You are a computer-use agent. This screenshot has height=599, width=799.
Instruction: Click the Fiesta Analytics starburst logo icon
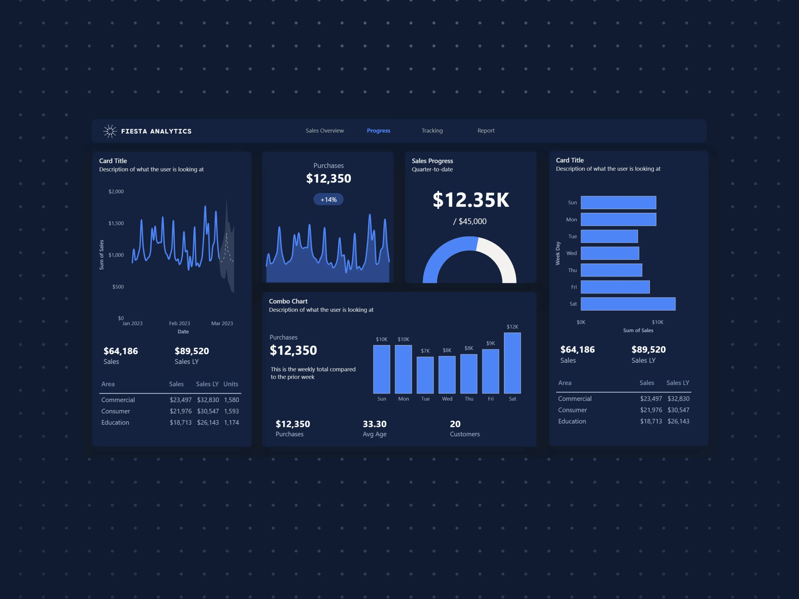[x=110, y=131]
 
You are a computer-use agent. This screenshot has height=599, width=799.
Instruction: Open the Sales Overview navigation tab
[x=324, y=131]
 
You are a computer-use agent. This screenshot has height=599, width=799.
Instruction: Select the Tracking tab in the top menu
[x=432, y=131]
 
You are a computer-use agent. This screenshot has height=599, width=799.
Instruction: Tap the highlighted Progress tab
[x=378, y=131]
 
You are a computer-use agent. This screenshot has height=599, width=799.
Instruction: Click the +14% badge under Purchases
[x=328, y=200]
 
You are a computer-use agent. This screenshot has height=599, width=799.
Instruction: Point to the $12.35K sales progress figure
[x=471, y=200]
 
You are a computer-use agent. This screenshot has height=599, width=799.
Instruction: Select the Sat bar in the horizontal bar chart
[x=628, y=304]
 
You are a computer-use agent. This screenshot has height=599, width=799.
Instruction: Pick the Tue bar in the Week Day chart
[x=609, y=237]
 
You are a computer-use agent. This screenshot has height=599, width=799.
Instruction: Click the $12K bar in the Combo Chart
[x=512, y=363]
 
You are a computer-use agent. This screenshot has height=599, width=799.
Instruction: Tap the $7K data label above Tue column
[x=425, y=351]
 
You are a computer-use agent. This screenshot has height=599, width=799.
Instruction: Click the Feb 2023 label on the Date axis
[x=180, y=323]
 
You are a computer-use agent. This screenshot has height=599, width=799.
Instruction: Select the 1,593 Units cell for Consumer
[x=231, y=411]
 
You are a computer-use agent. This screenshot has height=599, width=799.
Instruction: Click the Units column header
[x=230, y=384]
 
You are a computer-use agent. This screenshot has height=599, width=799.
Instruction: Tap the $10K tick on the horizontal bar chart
[x=657, y=322]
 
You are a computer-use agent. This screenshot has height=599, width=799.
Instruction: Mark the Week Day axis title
[x=558, y=254]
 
